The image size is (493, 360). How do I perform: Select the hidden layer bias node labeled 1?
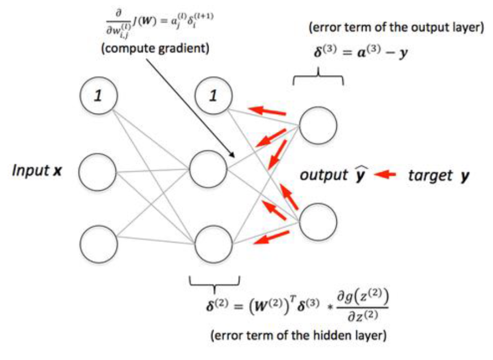[x=213, y=95]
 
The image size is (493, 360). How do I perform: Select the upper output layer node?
[x=318, y=125]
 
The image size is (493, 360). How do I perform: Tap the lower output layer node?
[x=318, y=222]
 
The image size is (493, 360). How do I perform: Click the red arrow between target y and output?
[x=387, y=175]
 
